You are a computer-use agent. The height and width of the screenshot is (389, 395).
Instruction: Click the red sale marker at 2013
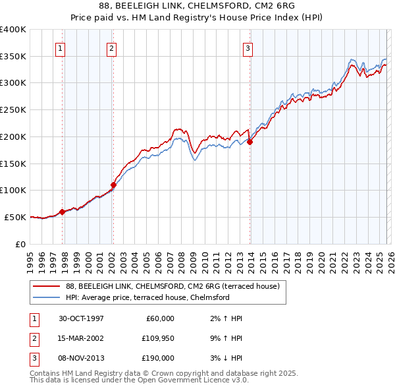[250, 141]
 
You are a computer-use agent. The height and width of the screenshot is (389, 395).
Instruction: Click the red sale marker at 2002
[113, 185]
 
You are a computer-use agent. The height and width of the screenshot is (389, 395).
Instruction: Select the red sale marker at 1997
[63, 212]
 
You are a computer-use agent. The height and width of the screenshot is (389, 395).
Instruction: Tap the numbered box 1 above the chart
[60, 47]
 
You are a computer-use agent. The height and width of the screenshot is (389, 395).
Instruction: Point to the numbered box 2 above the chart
[111, 47]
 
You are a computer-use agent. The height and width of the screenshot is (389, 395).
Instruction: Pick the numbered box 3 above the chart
[248, 47]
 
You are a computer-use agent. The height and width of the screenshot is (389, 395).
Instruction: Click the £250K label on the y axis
[13, 109]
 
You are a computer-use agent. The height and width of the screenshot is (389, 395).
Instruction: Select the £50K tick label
[16, 217]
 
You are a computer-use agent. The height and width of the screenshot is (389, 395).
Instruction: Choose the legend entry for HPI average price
[147, 297]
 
